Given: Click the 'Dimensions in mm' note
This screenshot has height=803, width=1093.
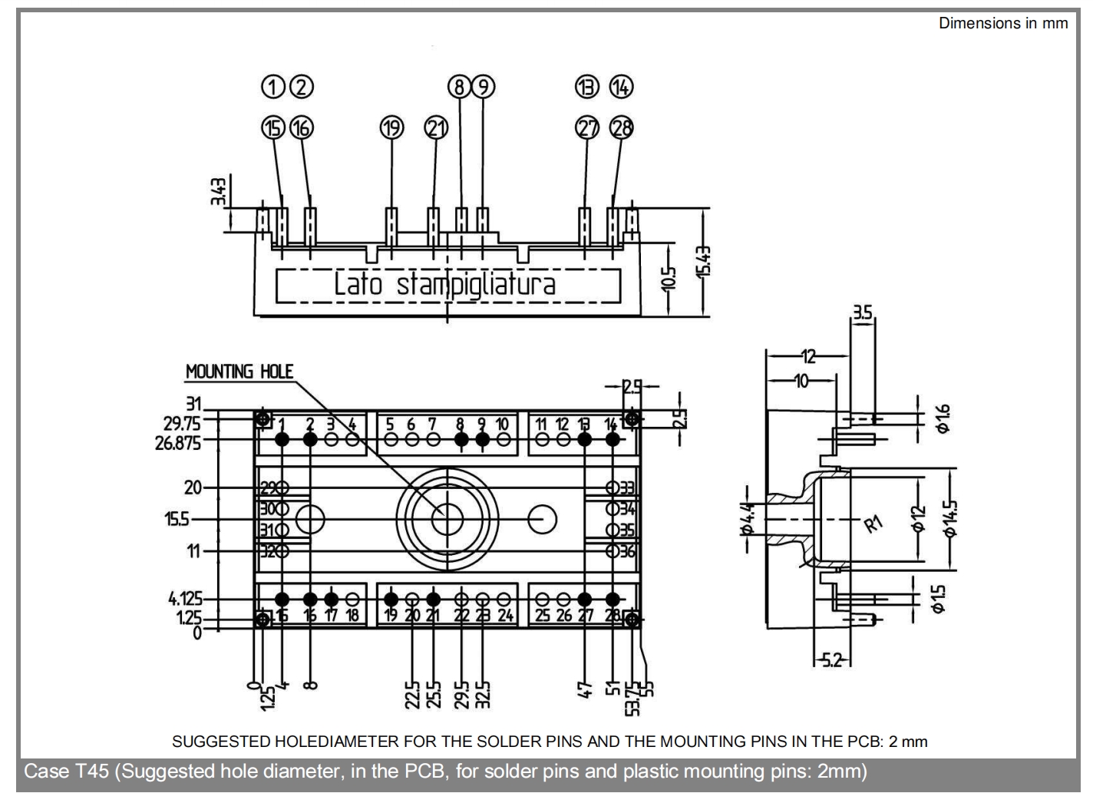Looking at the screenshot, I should [x=1002, y=23].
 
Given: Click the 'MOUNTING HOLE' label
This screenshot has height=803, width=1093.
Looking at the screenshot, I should [x=239, y=372].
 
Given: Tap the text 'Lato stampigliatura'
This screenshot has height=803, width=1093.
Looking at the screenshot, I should [x=444, y=285].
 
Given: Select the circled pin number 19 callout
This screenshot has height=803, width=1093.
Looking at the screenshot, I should [x=391, y=128].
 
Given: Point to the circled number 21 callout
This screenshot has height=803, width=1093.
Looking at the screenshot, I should [x=436, y=128].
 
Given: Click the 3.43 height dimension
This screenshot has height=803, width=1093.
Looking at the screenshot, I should [x=220, y=191].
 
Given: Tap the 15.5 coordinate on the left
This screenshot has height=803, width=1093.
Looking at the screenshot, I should [x=177, y=520].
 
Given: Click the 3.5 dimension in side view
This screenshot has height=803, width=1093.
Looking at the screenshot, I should [x=862, y=312].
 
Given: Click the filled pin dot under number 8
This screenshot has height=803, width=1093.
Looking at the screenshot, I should [x=461, y=439].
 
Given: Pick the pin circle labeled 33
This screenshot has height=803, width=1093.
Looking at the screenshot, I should [x=613, y=487].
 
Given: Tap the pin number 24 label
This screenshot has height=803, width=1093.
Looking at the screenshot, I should [x=505, y=616].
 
